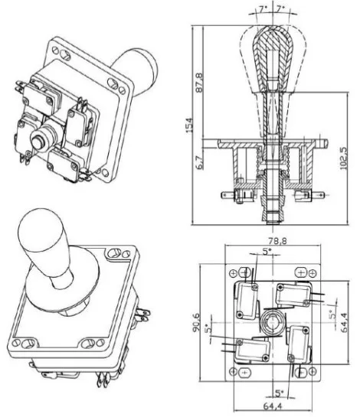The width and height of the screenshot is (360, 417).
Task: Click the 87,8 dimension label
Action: pos(199,83)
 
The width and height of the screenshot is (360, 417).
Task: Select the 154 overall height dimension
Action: pos(188,125)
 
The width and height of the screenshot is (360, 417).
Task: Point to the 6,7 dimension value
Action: pos(200,162)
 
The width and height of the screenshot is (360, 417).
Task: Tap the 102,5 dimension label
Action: pos(343,158)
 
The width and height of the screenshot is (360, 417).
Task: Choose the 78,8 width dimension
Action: pos(273,241)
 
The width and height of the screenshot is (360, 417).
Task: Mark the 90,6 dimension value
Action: pos(197,322)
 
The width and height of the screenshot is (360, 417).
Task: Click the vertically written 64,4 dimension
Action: pos(344,322)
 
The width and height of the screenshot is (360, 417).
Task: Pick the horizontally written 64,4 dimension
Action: pos(273,406)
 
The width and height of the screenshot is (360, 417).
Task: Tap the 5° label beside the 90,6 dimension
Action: pos(208,328)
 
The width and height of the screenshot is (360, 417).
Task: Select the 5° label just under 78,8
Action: pos(267,251)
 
